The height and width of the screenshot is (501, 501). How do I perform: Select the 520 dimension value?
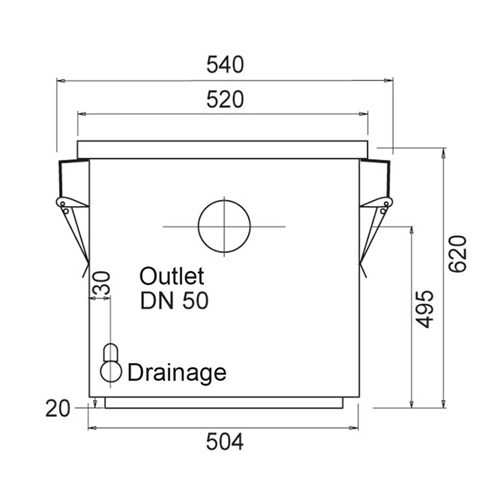(x=225, y=100)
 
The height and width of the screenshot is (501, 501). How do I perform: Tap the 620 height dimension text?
(x=458, y=254)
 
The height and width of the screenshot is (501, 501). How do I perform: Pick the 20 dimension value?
(x=58, y=408)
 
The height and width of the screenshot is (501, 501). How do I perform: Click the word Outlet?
(x=172, y=276)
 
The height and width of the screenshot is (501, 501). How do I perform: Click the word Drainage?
(x=177, y=373)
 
